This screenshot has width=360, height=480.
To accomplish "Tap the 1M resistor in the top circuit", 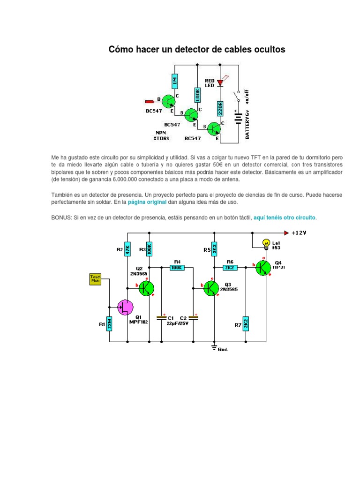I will [x=174, y=82].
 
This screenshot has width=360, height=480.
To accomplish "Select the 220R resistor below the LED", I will [x=219, y=110].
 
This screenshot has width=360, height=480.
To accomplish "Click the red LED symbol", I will [x=219, y=82].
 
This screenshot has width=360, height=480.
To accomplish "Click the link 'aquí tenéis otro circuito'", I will [x=285, y=218].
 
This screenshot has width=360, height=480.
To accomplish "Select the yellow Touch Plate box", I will [x=96, y=279].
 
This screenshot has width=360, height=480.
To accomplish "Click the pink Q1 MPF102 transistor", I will [x=125, y=308].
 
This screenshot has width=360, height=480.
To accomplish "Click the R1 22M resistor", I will [x=110, y=323].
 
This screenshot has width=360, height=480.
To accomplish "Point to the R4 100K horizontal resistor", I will [x=177, y=267].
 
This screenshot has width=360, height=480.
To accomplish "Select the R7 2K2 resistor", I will [x=245, y=323].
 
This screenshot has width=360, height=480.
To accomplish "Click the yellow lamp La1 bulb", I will [x=266, y=243].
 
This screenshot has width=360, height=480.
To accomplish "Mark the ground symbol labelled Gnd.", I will [x=215, y=347].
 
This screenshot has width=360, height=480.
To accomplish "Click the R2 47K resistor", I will [x=127, y=249].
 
